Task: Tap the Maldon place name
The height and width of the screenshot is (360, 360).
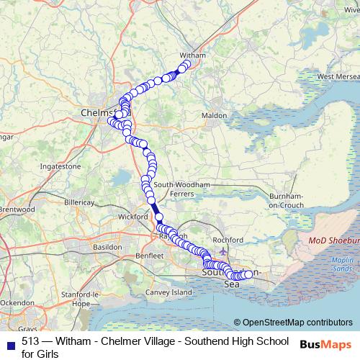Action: pyautogui.click(x=214, y=115)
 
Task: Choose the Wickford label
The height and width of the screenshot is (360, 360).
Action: pyautogui.click(x=132, y=216)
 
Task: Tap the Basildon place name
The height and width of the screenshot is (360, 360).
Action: pyautogui.click(x=107, y=246)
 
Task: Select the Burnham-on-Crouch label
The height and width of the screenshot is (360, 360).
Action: pyautogui.click(x=288, y=200)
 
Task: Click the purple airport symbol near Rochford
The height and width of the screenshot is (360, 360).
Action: pyautogui.click(x=223, y=252)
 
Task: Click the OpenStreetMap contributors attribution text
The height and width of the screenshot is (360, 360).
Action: pyautogui.click(x=297, y=323)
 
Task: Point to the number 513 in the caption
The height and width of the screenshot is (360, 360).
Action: pyautogui.click(x=30, y=341)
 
